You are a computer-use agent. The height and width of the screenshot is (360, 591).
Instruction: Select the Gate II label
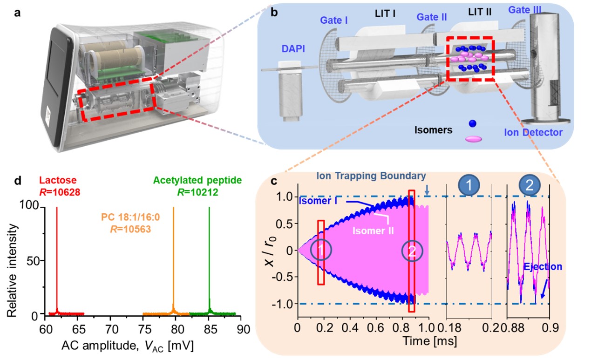432,17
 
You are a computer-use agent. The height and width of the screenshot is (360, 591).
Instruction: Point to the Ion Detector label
534,133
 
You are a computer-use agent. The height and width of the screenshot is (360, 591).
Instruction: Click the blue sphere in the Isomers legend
473,124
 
